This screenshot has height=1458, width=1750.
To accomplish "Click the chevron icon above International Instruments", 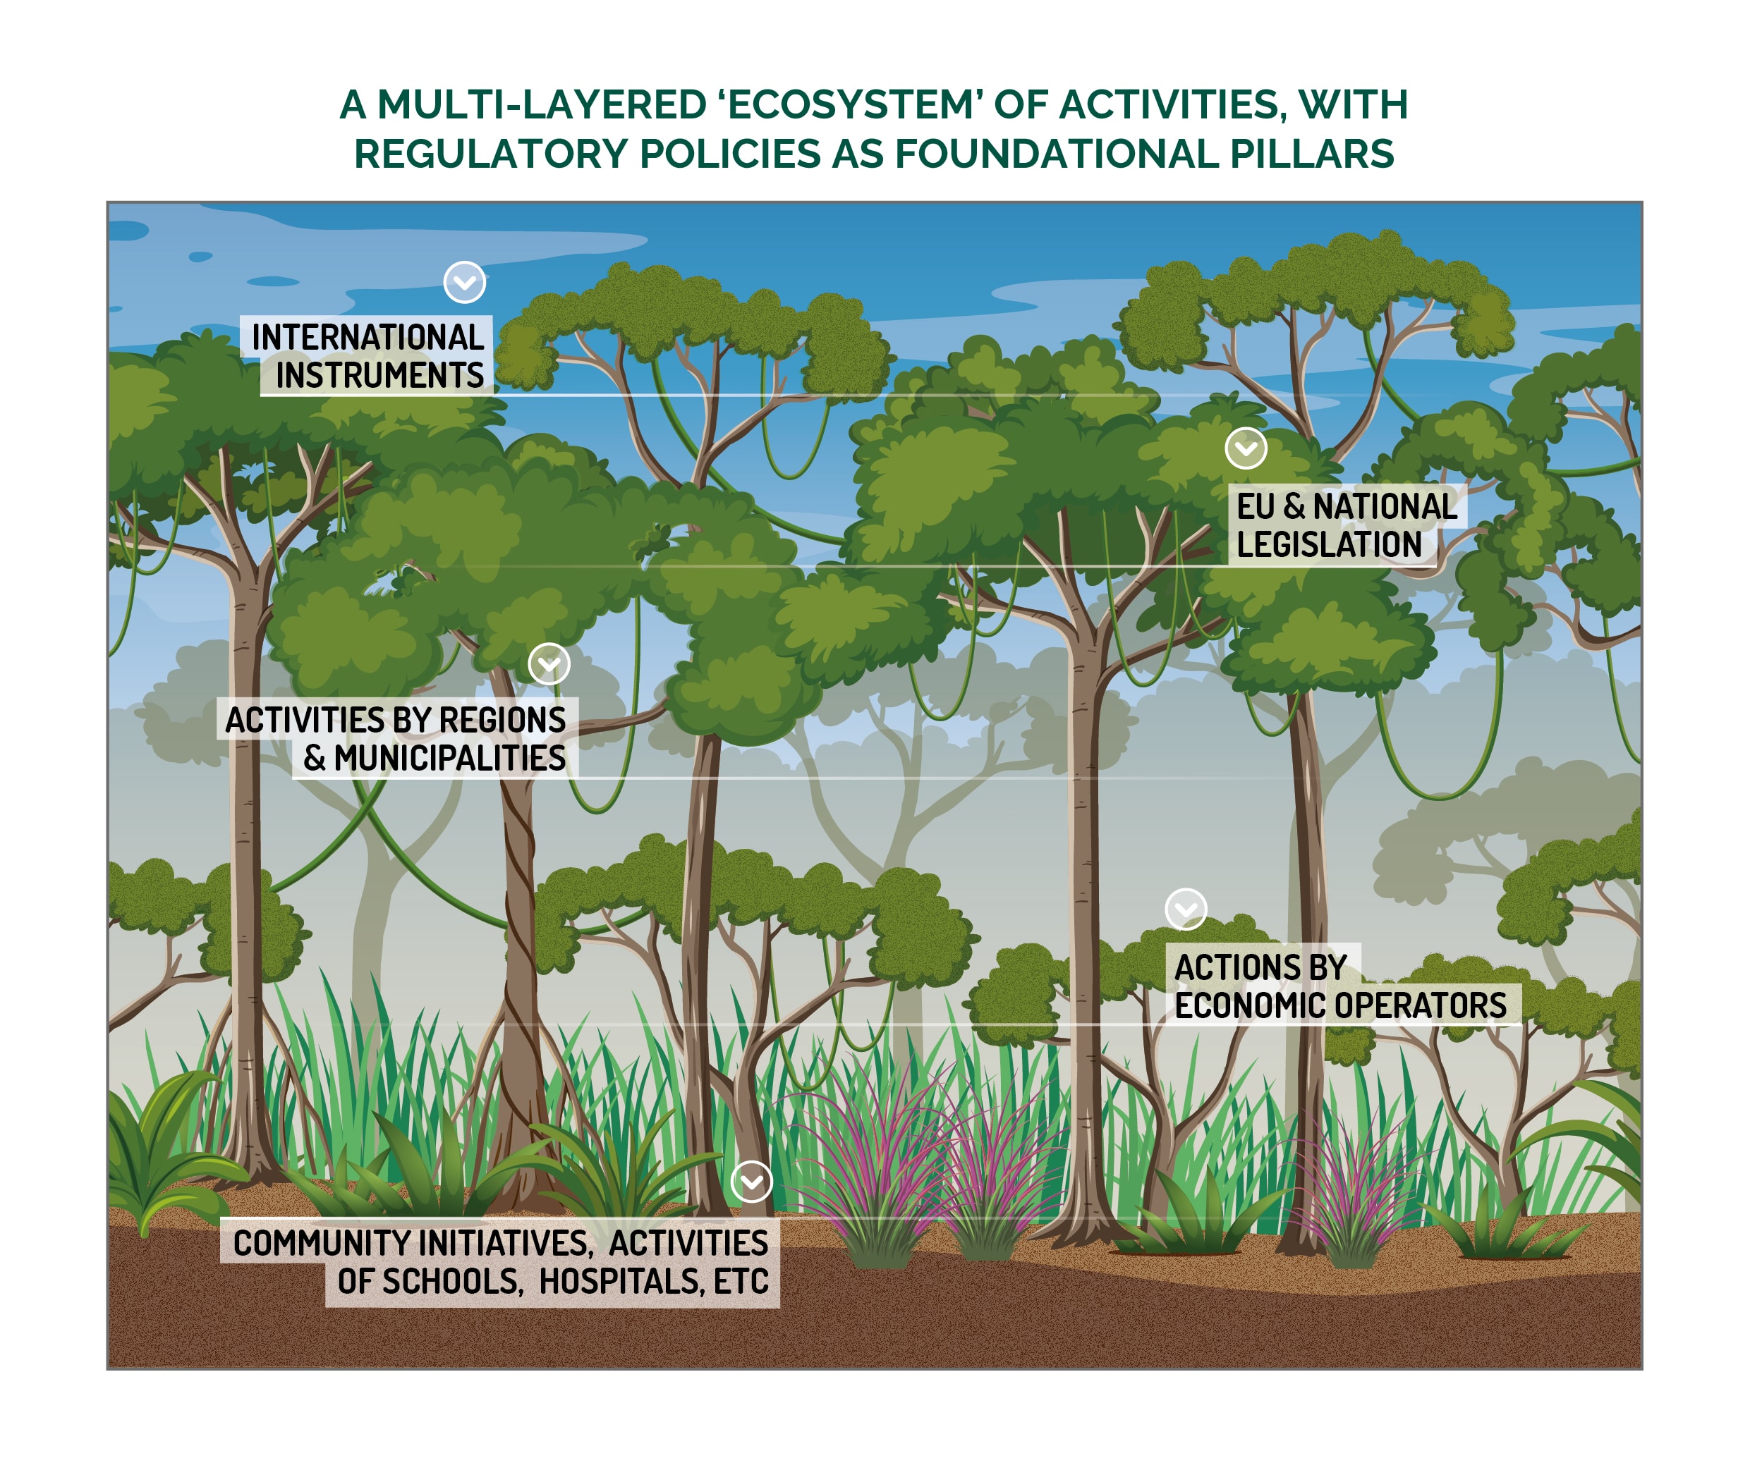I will [x=465, y=283].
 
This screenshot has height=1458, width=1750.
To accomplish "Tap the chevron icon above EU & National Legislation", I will [x=1246, y=449].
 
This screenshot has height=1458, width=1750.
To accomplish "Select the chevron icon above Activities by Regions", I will [x=549, y=664].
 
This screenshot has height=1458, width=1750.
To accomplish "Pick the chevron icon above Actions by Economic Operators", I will [x=1186, y=909].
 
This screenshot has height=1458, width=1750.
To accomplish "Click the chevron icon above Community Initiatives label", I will [x=752, y=1182].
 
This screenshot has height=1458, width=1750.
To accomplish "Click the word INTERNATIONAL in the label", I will [x=367, y=338].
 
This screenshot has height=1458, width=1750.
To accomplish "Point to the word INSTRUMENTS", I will [x=379, y=376].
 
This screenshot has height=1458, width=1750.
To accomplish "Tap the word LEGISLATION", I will [x=1329, y=545].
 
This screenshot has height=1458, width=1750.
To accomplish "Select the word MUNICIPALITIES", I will [x=450, y=758].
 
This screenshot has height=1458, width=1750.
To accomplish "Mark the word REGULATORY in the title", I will [x=490, y=154].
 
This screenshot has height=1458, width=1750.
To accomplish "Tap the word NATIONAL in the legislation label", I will [x=1385, y=506].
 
